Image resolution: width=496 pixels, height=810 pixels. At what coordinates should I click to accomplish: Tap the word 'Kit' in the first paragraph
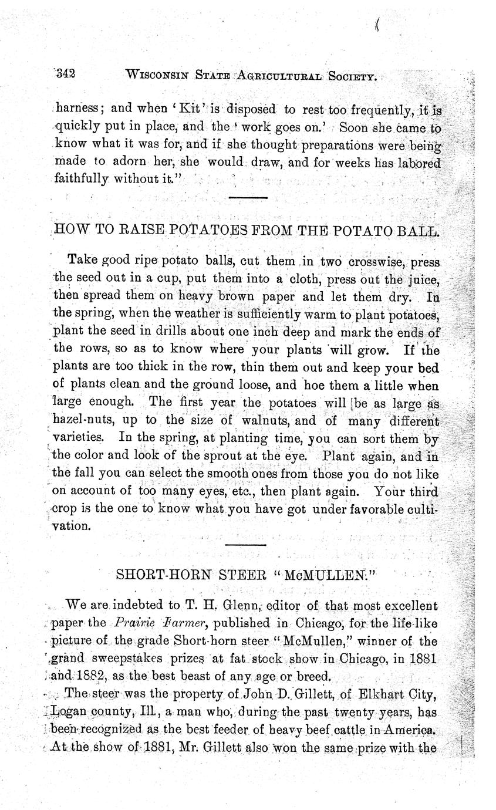pos(168,109)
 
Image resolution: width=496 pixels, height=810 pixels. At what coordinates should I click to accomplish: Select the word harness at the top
pos(79,109)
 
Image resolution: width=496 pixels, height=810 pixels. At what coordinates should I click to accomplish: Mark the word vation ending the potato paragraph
pos(72,526)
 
